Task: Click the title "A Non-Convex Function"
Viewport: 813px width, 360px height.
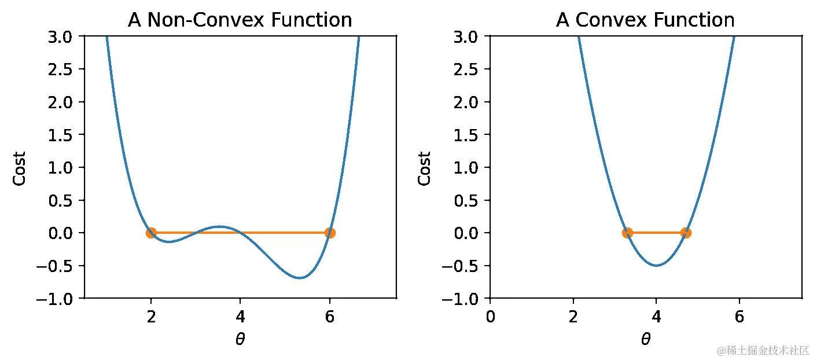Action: click(x=240, y=20)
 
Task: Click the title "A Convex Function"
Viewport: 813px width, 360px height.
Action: click(x=645, y=20)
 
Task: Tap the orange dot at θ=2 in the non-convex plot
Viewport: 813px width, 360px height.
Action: click(x=151, y=233)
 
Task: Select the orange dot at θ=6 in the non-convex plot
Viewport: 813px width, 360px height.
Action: click(x=330, y=233)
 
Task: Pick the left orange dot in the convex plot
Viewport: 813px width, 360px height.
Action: click(x=627, y=233)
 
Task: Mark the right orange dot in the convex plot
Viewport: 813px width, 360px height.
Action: click(x=686, y=233)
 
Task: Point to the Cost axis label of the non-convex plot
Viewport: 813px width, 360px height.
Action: click(x=20, y=168)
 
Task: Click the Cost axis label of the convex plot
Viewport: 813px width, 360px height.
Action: click(x=425, y=168)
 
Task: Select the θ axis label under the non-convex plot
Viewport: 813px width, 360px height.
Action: click(x=240, y=340)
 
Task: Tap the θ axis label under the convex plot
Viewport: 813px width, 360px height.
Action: click(x=646, y=340)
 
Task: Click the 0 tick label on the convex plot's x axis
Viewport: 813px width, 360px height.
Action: click(x=490, y=317)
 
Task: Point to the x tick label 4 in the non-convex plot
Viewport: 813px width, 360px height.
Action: click(x=240, y=317)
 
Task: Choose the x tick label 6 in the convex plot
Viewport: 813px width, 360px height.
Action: click(x=739, y=317)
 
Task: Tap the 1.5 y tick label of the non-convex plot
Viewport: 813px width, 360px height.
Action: click(x=65, y=135)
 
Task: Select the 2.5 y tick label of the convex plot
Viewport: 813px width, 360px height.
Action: click(x=470, y=69)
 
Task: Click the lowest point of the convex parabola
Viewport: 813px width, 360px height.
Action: click(x=656, y=266)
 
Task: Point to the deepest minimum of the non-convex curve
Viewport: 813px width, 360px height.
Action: click(x=300, y=278)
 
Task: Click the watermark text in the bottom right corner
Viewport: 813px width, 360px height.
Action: click(x=762, y=350)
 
